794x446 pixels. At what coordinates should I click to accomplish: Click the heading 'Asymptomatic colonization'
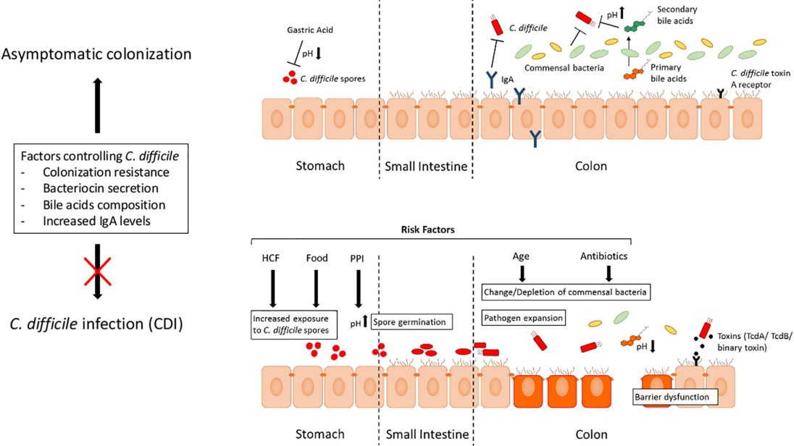[97, 54]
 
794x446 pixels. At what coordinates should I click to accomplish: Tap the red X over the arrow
[98, 271]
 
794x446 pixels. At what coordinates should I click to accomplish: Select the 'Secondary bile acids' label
[674, 15]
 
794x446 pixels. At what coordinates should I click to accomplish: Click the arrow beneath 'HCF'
[272, 287]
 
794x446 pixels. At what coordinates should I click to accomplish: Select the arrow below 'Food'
[316, 287]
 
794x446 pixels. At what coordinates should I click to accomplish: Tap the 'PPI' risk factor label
[357, 258]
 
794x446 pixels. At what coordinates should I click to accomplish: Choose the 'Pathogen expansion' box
[523, 318]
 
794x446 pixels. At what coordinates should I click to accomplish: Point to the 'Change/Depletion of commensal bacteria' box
[565, 292]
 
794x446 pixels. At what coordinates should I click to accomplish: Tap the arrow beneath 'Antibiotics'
[609, 272]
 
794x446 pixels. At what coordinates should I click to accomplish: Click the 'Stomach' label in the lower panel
[319, 434]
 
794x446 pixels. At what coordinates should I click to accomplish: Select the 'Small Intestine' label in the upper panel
[426, 167]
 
